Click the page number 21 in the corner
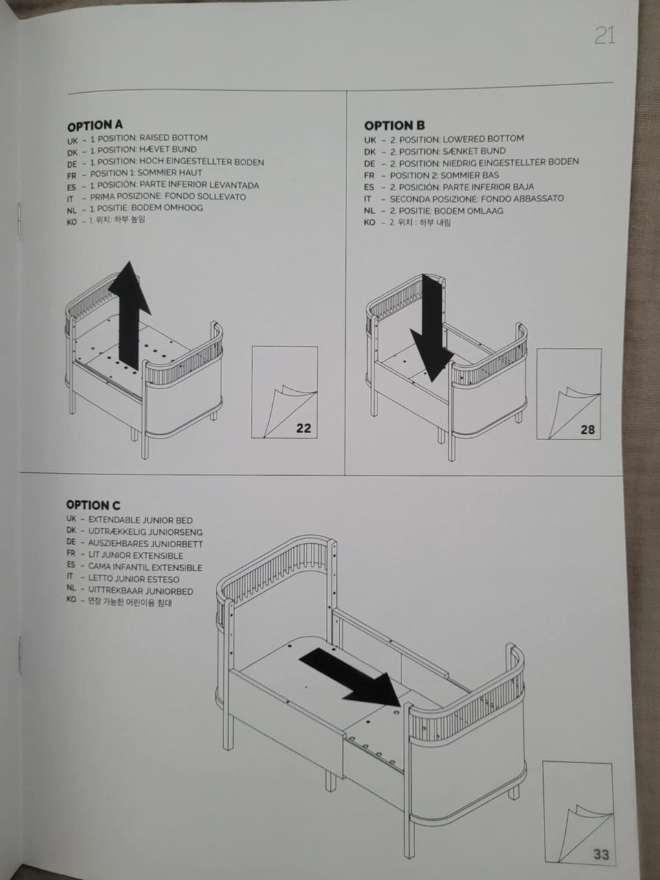605,35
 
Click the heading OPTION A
95,126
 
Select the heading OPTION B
395,126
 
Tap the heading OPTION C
93,505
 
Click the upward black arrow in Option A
130,316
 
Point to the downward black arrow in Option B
432,328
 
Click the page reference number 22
303,428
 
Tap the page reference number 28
587,430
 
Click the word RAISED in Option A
154,138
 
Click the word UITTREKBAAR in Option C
115,591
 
